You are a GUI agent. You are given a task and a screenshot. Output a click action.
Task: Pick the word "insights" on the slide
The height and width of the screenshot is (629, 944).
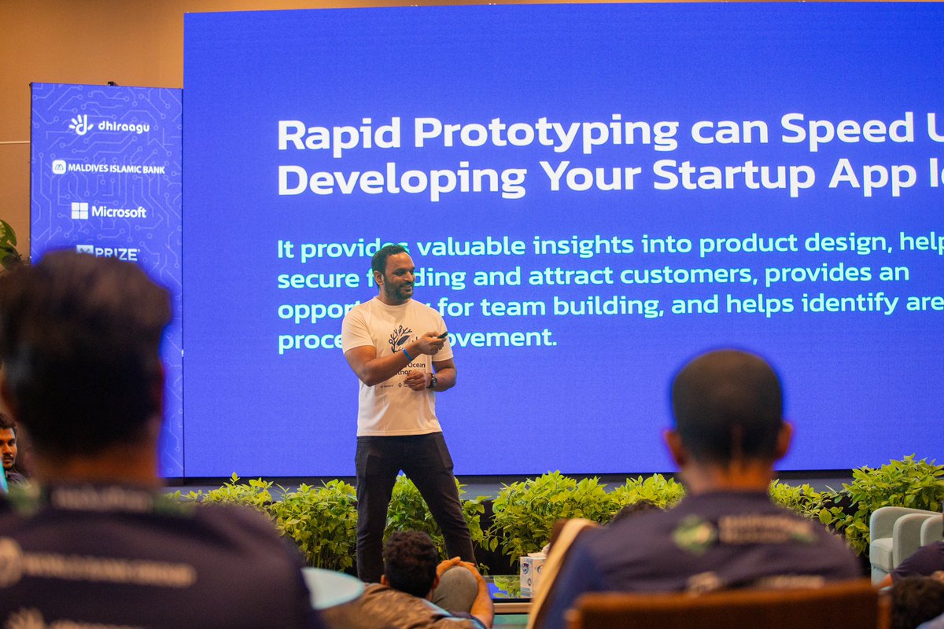click(x=582, y=246)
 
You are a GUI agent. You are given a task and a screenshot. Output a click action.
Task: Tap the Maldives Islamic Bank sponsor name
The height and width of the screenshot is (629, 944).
click(x=109, y=167)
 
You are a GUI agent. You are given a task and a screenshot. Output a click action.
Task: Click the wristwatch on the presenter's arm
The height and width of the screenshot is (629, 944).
click(x=432, y=381)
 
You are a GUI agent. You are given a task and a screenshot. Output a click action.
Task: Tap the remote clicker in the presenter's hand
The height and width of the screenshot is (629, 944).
click(x=443, y=336)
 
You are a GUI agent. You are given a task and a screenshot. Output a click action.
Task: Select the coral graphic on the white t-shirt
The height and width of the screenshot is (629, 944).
click(x=400, y=337)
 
